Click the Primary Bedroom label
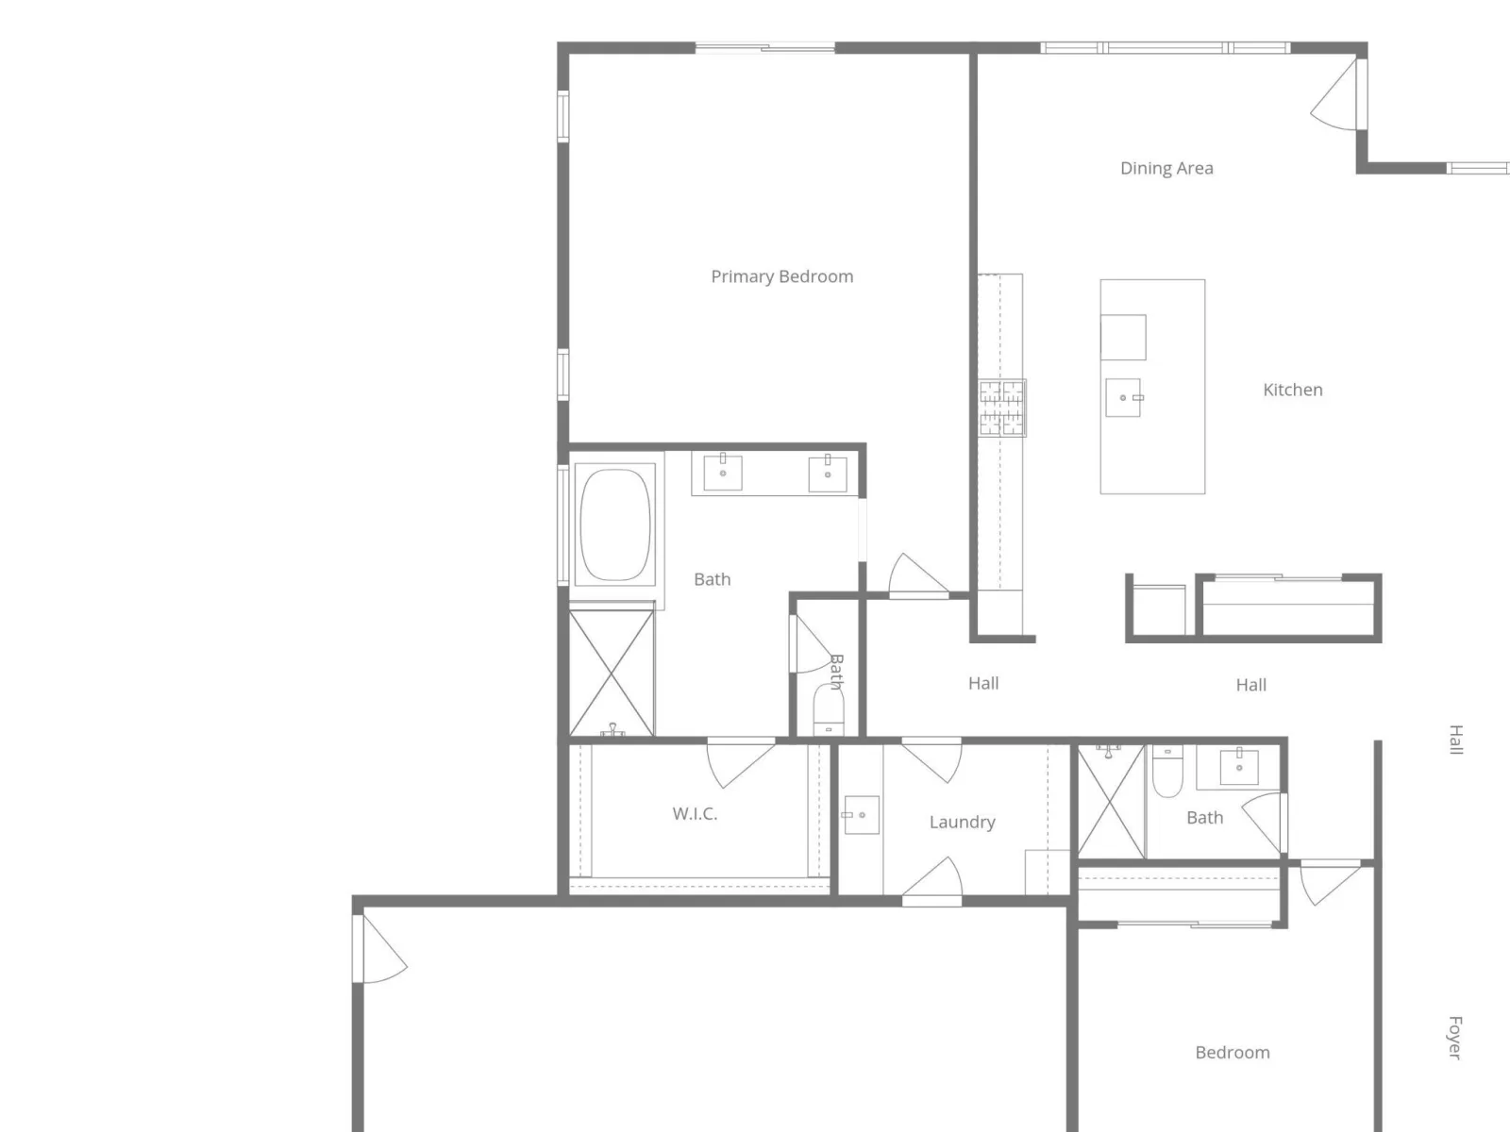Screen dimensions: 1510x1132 coord(781,276)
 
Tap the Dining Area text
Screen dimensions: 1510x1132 coord(1166,169)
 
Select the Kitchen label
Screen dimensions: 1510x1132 coord(1292,390)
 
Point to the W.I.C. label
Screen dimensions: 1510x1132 coord(695,814)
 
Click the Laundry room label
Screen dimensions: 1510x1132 coord(962,822)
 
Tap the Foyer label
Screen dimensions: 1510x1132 coord(1454,1038)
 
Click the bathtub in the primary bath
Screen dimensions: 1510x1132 coord(614,525)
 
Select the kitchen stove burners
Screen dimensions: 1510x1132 coord(1001,408)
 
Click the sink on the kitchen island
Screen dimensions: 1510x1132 coord(1123,397)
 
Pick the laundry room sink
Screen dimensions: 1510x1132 coord(861,815)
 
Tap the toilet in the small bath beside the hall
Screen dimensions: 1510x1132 coord(829,709)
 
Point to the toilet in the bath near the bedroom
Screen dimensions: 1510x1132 coord(1166,771)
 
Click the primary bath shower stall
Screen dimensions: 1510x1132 coord(612,673)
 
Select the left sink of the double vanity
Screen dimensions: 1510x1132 coord(722,472)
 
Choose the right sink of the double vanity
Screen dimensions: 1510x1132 coord(827,473)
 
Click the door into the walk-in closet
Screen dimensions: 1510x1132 coord(742,764)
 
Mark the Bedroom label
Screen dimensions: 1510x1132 coord(1233,1052)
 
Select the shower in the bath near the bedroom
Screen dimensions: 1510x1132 coord(1111,802)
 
